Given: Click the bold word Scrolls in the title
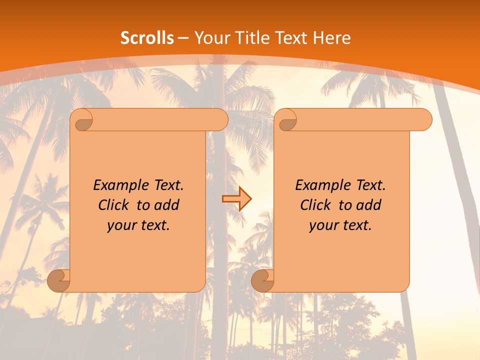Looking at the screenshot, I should (147, 38).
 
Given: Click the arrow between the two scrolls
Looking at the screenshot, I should (236, 199).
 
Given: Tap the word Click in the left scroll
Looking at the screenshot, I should (114, 205).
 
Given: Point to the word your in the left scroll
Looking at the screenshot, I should (121, 225).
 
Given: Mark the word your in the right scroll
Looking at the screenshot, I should (323, 225).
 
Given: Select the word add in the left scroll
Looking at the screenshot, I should (167, 205).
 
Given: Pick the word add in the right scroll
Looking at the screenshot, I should (369, 205).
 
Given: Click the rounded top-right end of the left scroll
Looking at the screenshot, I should (220, 119).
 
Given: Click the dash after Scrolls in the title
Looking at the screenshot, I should (183, 38).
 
